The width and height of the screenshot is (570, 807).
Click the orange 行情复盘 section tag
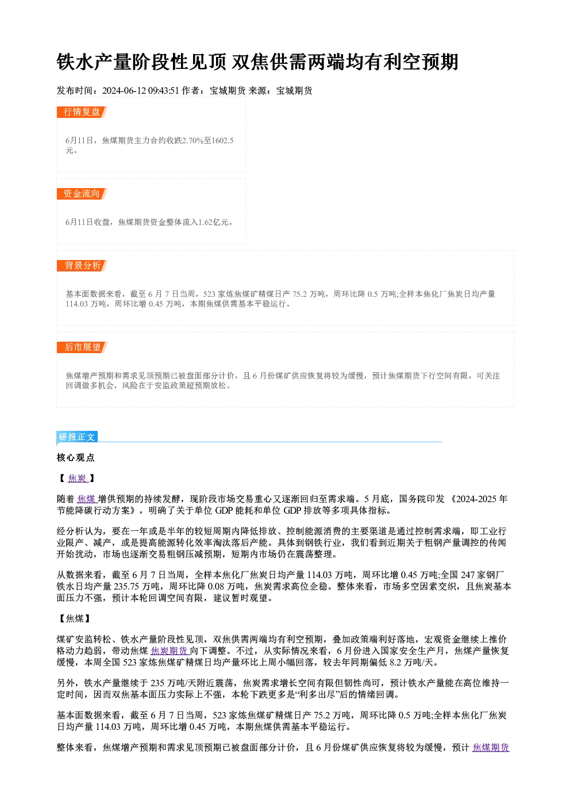[82, 112]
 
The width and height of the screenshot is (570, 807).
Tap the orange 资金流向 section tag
[82, 194]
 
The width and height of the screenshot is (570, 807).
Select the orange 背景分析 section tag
[82, 266]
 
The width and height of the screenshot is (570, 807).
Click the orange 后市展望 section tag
[82, 347]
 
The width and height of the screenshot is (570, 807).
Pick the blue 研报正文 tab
[77, 437]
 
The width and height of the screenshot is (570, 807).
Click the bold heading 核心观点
[76, 457]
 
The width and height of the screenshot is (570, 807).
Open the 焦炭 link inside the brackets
[78, 478]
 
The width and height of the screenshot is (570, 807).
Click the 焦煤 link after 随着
[87, 499]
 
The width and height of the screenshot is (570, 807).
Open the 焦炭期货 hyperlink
[170, 651]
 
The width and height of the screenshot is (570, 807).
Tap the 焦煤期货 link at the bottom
[491, 748]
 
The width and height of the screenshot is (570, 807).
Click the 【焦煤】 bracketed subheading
[74, 618]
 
